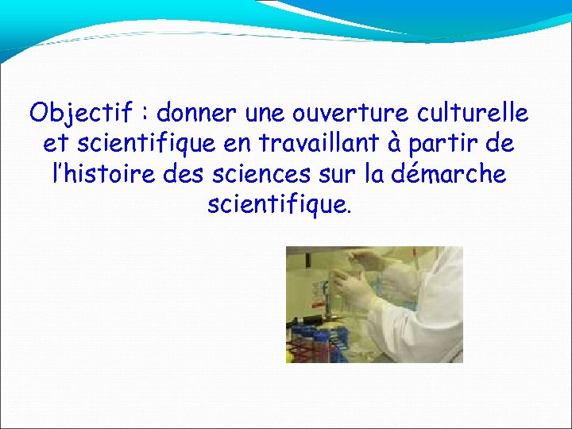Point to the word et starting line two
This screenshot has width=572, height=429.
tap(51, 145)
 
